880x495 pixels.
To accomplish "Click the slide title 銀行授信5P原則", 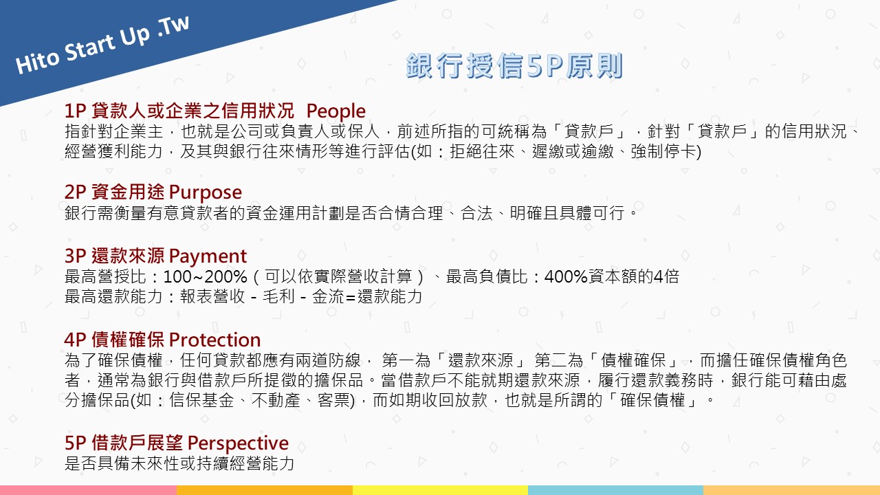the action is pos(514,65).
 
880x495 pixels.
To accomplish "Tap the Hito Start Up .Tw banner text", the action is pos(102,45).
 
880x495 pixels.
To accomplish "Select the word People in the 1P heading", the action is pos(336,111).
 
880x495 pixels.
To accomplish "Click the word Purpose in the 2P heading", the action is pos(206,192).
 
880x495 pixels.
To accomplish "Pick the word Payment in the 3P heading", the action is pos(208,256).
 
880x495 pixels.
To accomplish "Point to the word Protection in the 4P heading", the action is pos(215,340).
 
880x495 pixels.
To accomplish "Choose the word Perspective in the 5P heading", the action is pos(238,443).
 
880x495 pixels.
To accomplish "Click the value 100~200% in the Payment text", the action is pos(205,276).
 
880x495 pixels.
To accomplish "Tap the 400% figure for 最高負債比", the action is pos(566,276).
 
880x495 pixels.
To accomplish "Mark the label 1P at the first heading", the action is pos(75,111).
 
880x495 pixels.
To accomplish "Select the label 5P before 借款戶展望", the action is pos(75,443).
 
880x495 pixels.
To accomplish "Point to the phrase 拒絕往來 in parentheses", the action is pos(482,151).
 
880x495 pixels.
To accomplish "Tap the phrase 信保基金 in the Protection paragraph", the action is pos(201,400).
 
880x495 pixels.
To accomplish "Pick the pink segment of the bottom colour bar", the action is pos(88,490).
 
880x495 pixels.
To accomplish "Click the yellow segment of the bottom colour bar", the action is pos(440,490).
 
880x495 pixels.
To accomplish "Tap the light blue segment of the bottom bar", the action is pos(615,490).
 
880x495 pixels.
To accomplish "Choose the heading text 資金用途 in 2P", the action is pos(128,192).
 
